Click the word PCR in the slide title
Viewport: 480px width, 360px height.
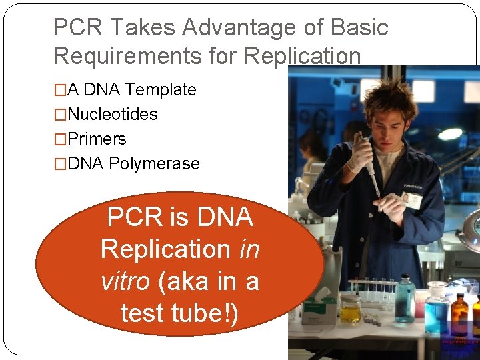tap(75, 28)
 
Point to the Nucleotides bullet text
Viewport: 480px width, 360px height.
tap(113, 114)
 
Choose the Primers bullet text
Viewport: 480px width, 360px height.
tap(97, 139)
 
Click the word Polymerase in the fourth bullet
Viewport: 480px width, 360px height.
tap(154, 163)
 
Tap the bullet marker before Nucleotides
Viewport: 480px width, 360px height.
tap(60, 115)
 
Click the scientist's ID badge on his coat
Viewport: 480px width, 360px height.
tap(411, 199)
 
